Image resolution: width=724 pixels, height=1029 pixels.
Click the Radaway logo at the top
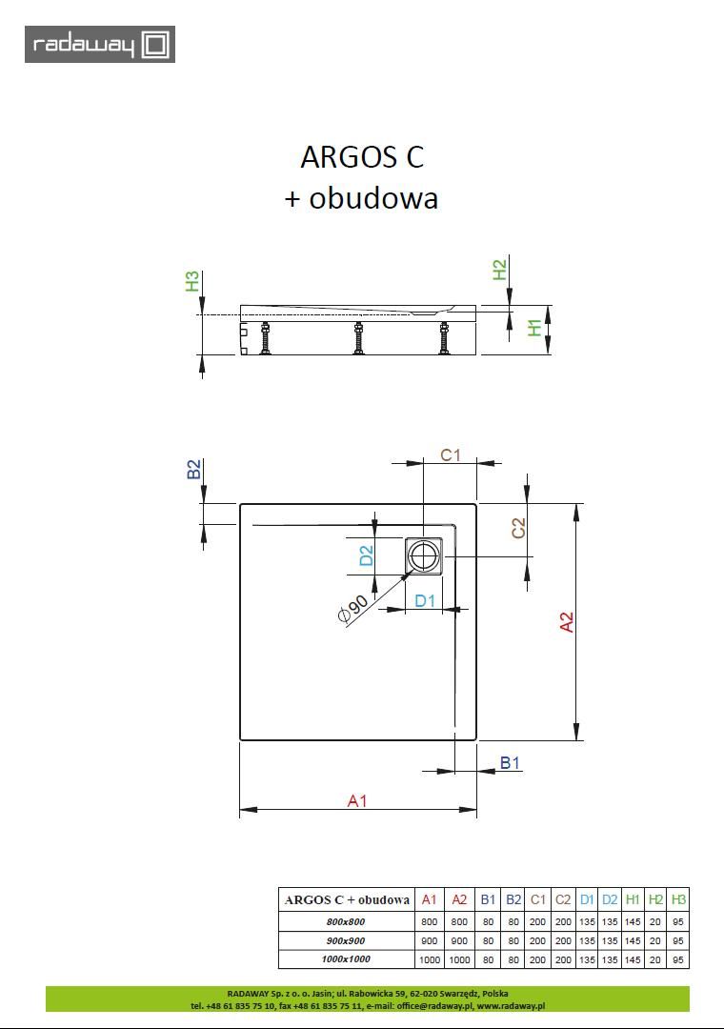click(100, 45)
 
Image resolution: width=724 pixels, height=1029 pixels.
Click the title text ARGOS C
click(362, 155)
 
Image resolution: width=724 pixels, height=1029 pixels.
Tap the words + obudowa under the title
click(361, 198)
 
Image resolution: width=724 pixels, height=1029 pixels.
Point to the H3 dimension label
click(192, 281)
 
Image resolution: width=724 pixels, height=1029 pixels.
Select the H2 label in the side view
click(499, 270)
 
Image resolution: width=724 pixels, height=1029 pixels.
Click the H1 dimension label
click(535, 327)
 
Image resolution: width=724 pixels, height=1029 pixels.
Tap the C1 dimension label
click(451, 454)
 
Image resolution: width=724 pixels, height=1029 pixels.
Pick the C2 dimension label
click(519, 527)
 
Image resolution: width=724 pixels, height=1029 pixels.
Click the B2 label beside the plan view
click(193, 469)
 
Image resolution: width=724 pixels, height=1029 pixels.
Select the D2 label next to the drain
click(366, 555)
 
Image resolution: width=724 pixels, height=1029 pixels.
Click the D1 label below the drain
click(425, 600)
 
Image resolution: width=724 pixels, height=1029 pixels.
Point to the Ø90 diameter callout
click(352, 608)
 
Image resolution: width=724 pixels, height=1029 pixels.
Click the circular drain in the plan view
click(424, 555)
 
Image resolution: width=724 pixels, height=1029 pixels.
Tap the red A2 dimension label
click(567, 622)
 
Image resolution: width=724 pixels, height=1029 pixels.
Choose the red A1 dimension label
click(356, 801)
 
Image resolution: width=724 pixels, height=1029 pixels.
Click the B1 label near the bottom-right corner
click(511, 763)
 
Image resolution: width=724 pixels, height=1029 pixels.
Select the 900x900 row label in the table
click(346, 940)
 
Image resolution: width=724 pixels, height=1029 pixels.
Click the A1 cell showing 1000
click(430, 958)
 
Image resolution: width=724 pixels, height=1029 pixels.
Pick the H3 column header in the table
click(678, 899)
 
